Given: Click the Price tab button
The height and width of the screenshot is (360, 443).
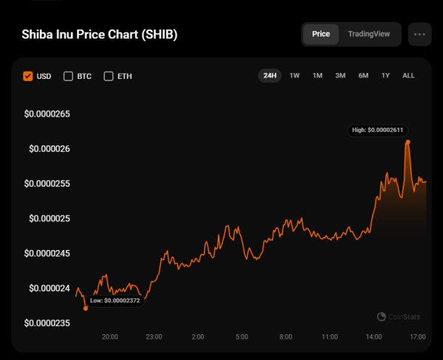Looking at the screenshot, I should pyautogui.click(x=320, y=34).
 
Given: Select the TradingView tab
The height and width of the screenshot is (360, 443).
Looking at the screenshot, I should pyautogui.click(x=370, y=34).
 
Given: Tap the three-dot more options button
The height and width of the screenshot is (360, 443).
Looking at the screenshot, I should pyautogui.click(x=420, y=34).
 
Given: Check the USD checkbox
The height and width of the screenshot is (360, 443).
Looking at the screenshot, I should pyautogui.click(x=28, y=75).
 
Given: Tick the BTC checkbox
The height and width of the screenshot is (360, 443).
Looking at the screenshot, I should pyautogui.click(x=69, y=75).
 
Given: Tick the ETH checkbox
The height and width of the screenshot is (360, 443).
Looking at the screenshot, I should pyautogui.click(x=109, y=75).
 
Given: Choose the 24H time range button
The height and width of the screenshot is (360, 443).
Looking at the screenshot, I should pyautogui.click(x=269, y=75).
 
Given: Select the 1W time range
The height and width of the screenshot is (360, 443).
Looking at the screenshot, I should pyautogui.click(x=295, y=75).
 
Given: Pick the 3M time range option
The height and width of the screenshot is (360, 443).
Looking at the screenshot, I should pyautogui.click(x=340, y=75).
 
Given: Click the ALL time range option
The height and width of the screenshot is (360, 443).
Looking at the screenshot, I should pyautogui.click(x=408, y=75).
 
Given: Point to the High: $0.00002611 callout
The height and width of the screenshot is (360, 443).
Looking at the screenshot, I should pyautogui.click(x=377, y=130).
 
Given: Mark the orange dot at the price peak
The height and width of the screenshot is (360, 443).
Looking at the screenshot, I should pyautogui.click(x=408, y=142).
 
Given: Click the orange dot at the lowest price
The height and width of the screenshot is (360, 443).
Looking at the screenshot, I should pyautogui.click(x=86, y=308).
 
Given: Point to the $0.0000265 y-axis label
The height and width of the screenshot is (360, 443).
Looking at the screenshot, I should pyautogui.click(x=47, y=114).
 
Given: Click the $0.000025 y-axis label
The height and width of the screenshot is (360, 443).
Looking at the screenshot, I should pyautogui.click(x=49, y=218).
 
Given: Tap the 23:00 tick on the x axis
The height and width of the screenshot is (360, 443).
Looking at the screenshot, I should pyautogui.click(x=154, y=337).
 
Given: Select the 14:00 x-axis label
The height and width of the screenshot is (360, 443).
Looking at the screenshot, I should pyautogui.click(x=374, y=337).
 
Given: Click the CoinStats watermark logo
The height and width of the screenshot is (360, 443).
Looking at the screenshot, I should pyautogui.click(x=399, y=316).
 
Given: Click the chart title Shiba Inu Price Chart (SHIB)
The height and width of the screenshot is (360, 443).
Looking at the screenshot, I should pyautogui.click(x=100, y=35).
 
